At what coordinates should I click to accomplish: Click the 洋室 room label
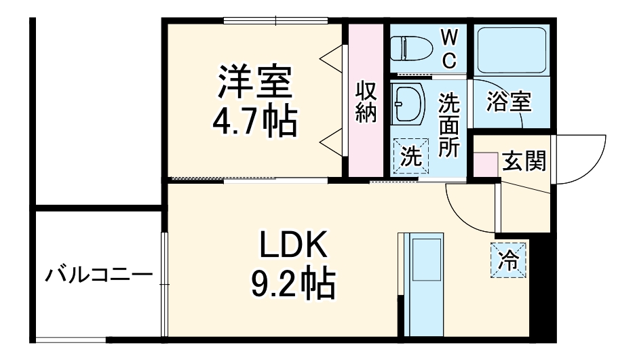tap(254, 83)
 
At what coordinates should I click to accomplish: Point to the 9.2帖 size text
tap(294, 284)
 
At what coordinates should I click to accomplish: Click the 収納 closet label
tap(366, 102)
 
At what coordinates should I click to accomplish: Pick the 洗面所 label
tap(448, 125)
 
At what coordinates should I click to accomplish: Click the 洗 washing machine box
tap(411, 156)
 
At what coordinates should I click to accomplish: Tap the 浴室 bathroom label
tap(509, 102)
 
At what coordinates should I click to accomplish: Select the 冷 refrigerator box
tap(508, 259)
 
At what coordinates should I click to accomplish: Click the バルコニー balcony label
tap(98, 275)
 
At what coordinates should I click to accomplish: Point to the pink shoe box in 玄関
tap(484, 165)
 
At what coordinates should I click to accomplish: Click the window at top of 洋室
tap(276, 21)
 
